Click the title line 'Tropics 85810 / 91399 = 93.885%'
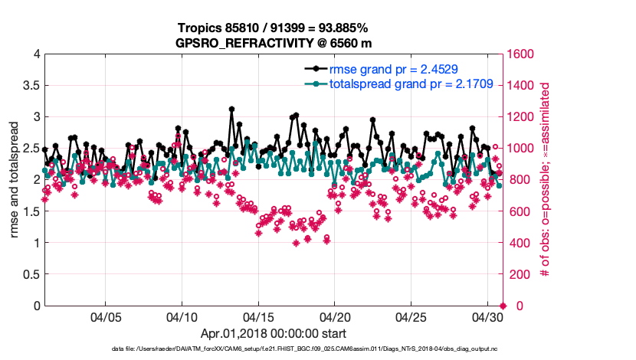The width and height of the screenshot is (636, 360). tap(273, 28)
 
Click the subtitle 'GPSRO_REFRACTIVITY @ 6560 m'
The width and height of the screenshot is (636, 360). tap(273, 43)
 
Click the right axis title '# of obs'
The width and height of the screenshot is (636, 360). tap(546, 180)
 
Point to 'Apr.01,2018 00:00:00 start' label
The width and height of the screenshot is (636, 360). tap(273, 334)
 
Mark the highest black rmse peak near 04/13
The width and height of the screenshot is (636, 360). tap(231, 110)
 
